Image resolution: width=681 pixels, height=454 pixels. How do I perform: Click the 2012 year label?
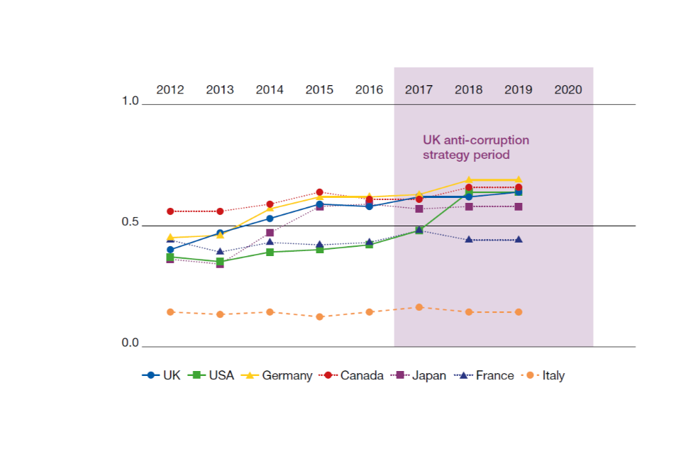[x=170, y=90]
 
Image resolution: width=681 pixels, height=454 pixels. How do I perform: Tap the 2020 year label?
[x=567, y=90]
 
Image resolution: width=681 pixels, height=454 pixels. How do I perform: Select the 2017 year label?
[x=419, y=90]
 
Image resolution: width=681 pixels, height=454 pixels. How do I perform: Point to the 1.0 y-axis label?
[x=131, y=101]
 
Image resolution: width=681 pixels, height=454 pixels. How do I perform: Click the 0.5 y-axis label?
[x=131, y=222]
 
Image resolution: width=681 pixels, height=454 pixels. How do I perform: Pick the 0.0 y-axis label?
[x=131, y=343]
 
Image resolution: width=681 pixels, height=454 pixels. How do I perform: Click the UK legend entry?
[x=162, y=376]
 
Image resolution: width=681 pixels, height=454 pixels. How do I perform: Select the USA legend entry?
[x=212, y=376]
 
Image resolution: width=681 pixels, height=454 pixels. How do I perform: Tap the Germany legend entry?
[x=277, y=376]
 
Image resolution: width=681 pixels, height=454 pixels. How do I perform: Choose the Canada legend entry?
[x=353, y=376]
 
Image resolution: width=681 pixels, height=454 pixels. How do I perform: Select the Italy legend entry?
[x=544, y=376]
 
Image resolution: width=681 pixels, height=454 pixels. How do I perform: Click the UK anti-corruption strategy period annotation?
[x=476, y=147]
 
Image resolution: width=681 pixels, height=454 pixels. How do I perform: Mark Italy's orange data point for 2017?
[x=419, y=307]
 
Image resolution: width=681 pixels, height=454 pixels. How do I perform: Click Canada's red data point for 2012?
[x=170, y=211]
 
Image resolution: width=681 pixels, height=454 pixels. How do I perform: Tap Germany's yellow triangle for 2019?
[x=519, y=180]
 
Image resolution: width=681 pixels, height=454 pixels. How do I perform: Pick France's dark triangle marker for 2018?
[x=469, y=240]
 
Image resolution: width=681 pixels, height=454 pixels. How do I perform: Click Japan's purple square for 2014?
[x=270, y=233]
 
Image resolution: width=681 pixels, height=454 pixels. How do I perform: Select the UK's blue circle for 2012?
[x=170, y=250]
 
